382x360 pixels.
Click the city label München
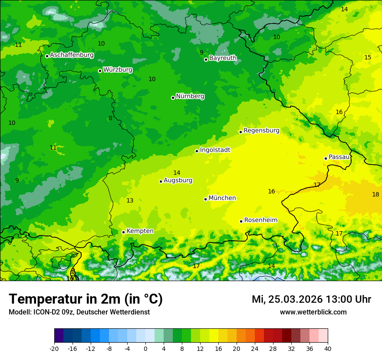222,198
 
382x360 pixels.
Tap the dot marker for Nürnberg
173,98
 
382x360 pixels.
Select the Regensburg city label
261,131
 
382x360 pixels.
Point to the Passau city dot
326,158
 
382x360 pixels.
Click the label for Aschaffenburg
72,55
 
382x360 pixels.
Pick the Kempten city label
140,231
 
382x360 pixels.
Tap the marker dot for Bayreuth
206,59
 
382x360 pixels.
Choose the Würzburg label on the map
118,70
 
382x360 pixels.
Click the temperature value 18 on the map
375,194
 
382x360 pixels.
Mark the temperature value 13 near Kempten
130,200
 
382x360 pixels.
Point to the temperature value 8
110,118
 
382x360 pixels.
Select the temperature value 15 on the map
368,57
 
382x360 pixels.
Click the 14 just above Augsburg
177,173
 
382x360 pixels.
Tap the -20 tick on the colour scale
54,348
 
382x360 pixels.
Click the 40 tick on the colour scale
327,348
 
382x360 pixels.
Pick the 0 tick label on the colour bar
145,348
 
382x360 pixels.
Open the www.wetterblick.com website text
313,312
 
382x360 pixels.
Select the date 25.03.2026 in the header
295,299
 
